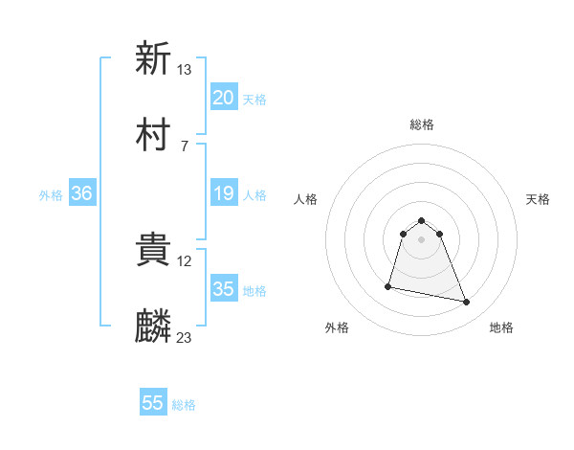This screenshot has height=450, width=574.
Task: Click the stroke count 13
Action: [x=185, y=69]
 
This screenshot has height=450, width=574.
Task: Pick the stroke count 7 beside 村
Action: [x=184, y=146]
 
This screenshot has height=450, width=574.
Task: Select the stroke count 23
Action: [x=185, y=338]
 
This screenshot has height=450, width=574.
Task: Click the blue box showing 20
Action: [x=223, y=98]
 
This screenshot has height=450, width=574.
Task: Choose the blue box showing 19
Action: [x=223, y=193]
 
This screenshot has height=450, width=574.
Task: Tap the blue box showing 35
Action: [x=223, y=289]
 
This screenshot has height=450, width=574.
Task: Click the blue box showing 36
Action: [x=82, y=193]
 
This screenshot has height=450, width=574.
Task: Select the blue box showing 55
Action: [x=153, y=403]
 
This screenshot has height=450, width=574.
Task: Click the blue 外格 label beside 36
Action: [x=51, y=194]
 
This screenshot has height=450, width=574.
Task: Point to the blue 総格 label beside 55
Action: [x=184, y=405]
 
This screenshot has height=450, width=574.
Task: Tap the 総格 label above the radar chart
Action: [x=422, y=124]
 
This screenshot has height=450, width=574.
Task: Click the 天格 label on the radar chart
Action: [x=539, y=199]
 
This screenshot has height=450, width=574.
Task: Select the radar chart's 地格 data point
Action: [x=467, y=303]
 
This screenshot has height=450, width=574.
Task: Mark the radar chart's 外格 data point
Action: [x=388, y=285]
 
